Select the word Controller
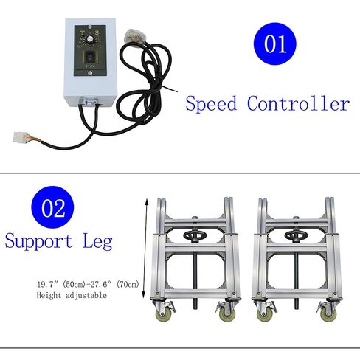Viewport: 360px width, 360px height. point(300,103)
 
